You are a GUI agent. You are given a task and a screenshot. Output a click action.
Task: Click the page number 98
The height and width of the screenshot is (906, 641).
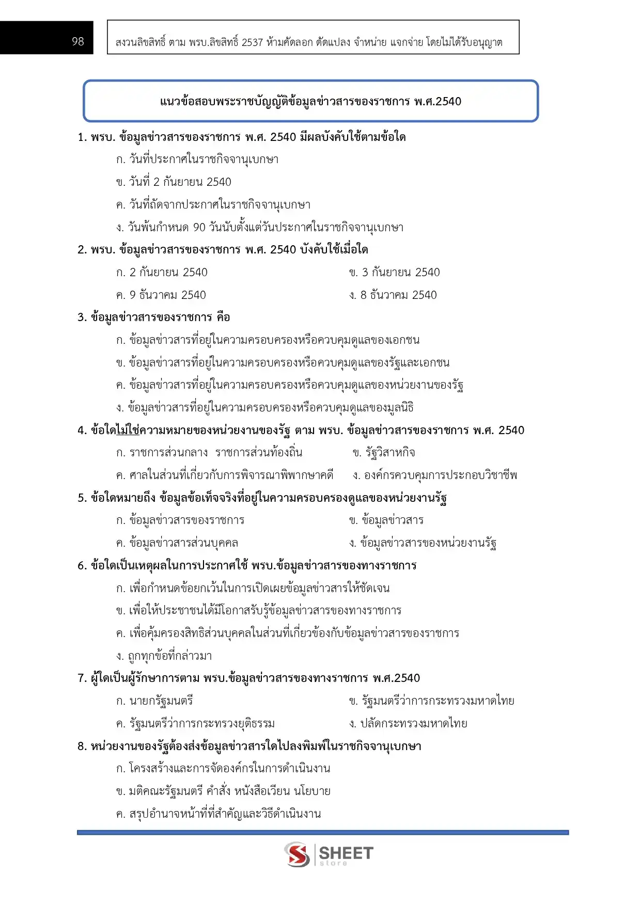tap(78, 41)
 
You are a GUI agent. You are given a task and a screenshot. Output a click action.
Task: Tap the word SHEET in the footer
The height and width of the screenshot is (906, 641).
tap(346, 852)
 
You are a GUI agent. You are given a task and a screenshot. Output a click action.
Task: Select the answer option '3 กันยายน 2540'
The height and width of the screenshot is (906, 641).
tap(400, 273)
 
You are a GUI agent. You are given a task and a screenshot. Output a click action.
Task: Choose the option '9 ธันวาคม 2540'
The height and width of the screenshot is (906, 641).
tap(167, 295)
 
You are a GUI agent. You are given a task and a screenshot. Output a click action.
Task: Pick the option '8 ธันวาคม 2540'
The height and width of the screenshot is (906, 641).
tap(398, 295)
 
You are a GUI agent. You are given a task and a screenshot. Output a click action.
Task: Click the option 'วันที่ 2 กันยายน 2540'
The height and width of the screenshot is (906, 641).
tap(180, 182)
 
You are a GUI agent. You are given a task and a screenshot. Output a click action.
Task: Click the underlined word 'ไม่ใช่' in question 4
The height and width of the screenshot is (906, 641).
tap(128, 431)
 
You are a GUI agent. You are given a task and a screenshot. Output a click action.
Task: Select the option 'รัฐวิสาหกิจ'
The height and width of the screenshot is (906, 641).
tap(389, 453)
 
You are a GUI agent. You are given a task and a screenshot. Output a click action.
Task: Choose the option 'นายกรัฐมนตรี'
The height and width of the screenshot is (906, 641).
tap(161, 701)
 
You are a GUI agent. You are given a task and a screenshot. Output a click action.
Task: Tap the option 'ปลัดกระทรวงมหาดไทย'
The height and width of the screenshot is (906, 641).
tap(413, 724)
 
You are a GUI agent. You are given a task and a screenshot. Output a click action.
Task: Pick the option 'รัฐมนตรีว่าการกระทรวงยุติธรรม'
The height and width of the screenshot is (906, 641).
tap(202, 724)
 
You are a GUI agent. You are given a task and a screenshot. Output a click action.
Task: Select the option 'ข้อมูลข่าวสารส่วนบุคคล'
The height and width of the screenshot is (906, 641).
tap(183, 543)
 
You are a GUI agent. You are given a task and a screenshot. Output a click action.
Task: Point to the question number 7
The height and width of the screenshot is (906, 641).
tap(81, 678)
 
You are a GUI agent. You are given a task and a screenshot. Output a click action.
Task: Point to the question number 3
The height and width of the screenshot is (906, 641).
tap(81, 317)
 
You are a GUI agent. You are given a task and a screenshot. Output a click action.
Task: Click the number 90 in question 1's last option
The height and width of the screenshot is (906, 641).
tap(199, 228)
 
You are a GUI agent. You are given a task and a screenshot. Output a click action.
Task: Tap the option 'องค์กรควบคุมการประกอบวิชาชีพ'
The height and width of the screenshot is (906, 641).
tap(440, 475)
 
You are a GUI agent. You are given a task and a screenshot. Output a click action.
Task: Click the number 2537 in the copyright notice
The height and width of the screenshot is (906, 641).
tap(252, 42)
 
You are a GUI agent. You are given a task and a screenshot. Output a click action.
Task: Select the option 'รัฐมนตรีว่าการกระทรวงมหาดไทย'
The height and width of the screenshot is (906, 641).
tap(437, 701)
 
